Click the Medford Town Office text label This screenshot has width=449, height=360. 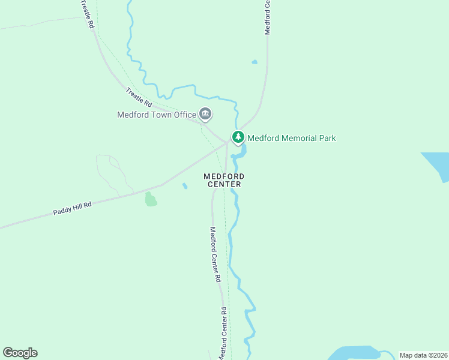tap(157, 115)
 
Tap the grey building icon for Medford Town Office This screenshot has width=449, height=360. tap(205, 114)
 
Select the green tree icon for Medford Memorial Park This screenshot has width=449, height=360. tap(238, 137)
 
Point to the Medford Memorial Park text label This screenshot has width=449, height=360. tap(292, 138)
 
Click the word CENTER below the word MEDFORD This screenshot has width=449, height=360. tap(224, 185)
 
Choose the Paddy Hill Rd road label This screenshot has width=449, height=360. tap(72, 209)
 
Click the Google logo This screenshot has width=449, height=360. tap(20, 353)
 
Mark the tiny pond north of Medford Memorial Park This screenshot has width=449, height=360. tap(255, 62)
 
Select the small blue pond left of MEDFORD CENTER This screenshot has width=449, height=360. tap(185, 186)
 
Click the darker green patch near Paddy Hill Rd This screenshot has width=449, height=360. tap(151, 200)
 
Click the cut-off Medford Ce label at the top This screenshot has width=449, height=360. tap(268, 17)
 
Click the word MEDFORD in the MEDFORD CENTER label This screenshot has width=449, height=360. tap(224, 176)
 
